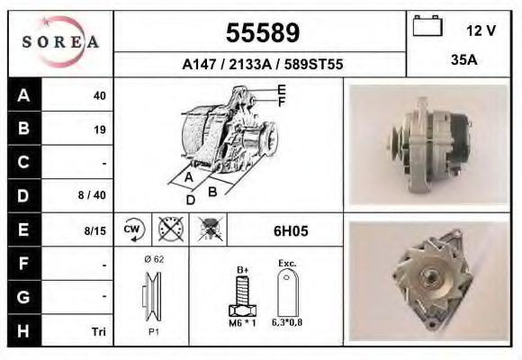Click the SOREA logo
[60, 42]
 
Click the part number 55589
[261, 33]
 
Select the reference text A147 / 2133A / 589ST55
[262, 65]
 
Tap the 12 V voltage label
[481, 31]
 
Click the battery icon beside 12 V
[426, 28]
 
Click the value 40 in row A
[100, 95]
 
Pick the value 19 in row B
[100, 130]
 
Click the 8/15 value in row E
[94, 231]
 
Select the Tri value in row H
[99, 332]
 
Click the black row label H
[23, 332]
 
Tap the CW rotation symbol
[132, 229]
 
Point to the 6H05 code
[291, 231]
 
